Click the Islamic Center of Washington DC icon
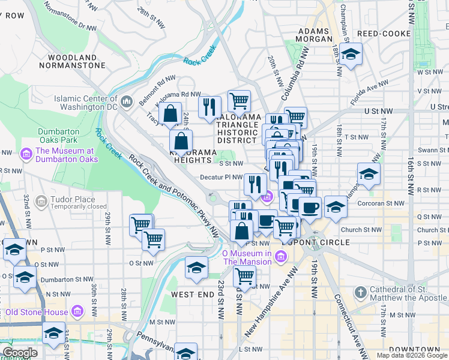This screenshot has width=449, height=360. pyautogui.click(x=127, y=103)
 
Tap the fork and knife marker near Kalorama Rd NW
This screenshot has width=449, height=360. pyautogui.click(x=209, y=107)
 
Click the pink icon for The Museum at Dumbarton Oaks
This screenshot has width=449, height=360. pyautogui.click(x=26, y=155)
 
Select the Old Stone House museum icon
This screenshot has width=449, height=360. pyautogui.click(x=77, y=311)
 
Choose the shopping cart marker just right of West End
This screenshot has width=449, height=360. pyautogui.click(x=244, y=277)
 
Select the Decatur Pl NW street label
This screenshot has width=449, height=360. pyautogui.click(x=220, y=178)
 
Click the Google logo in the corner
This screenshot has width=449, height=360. pyautogui.click(x=20, y=353)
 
